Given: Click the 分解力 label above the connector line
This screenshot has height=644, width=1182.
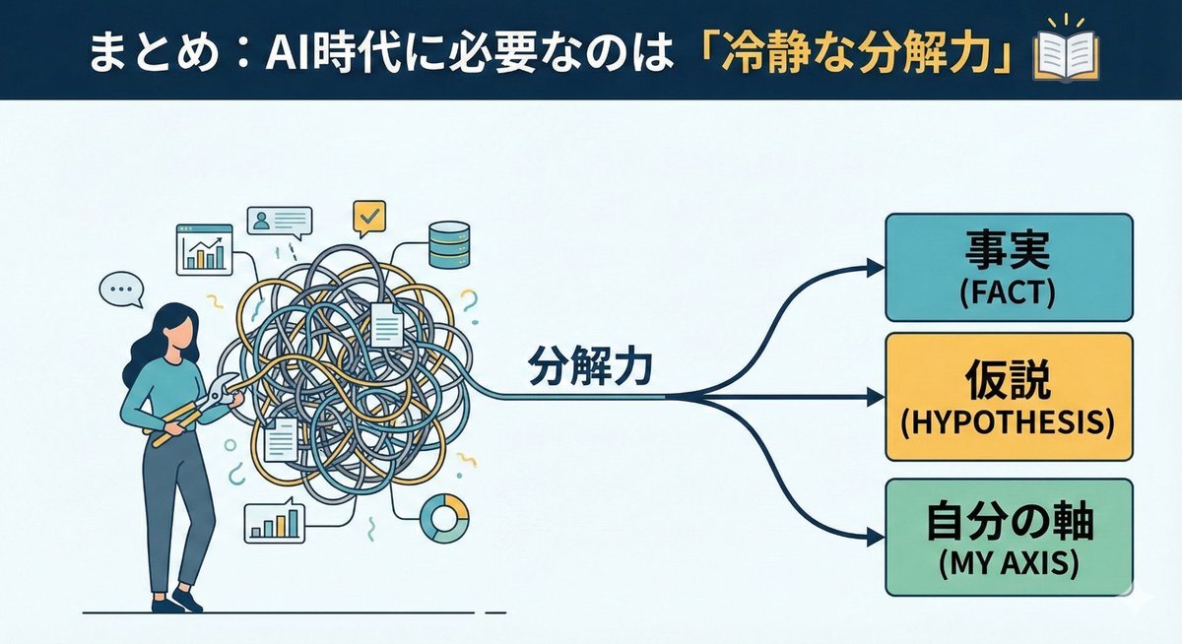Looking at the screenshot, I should [589, 371].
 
